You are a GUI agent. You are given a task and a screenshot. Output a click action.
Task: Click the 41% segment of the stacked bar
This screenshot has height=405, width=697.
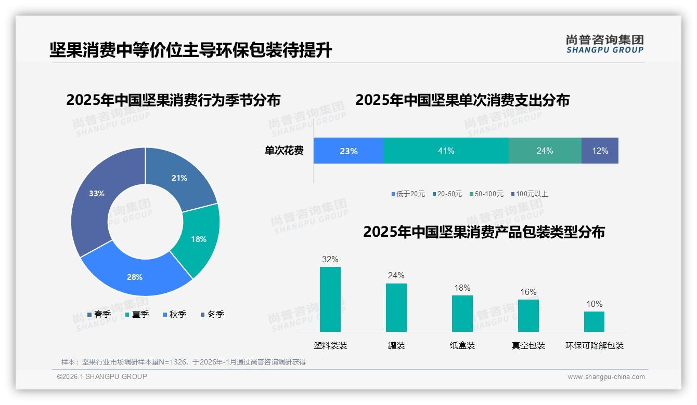coord(446,151)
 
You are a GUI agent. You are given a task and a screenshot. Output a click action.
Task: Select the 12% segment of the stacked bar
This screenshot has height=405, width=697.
coord(600,151)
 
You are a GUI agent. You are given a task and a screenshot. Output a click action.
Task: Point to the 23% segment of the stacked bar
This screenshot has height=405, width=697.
coord(348,151)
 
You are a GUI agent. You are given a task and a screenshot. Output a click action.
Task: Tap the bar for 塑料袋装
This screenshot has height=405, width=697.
coord(330,299)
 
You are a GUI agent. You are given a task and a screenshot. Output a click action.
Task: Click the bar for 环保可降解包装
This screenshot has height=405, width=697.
coord(594,321)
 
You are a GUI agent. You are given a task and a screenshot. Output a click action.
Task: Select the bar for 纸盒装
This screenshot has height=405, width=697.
coord(462,314)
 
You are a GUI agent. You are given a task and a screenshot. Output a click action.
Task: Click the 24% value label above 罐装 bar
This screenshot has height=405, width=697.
coord(396,276)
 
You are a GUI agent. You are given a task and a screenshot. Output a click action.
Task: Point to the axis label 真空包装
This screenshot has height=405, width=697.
coord(528,346)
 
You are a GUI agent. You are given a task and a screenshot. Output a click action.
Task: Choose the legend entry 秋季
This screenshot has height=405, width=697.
coord(174,314)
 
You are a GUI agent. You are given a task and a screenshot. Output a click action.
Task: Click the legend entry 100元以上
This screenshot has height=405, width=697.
coord(529,194)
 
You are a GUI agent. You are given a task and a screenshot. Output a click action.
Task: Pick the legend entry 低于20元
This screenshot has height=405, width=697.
coord(408,194)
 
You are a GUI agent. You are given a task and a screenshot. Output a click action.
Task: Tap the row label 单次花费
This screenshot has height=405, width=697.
coord(284,151)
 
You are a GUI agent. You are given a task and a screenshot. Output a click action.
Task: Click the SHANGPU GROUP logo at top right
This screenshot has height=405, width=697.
coord(605,44)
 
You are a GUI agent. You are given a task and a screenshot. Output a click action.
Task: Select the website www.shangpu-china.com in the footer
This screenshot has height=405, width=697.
coord(606,377)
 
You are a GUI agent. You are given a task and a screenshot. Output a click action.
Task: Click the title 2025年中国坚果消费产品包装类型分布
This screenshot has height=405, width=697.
coord(484,232)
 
